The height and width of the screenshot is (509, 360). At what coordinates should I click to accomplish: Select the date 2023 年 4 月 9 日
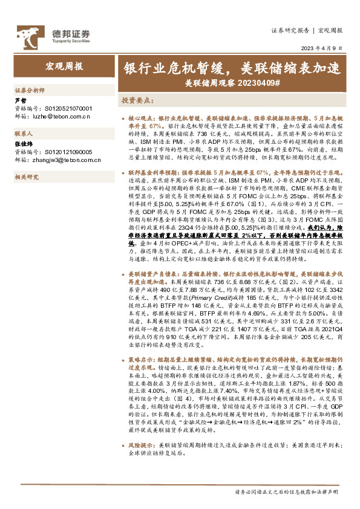tap(323, 48)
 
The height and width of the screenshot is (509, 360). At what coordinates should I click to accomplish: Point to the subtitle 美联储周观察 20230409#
tap(232, 82)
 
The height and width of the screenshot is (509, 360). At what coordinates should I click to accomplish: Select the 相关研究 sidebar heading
tap(27, 177)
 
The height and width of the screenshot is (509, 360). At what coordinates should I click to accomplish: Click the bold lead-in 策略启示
tap(140, 360)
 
